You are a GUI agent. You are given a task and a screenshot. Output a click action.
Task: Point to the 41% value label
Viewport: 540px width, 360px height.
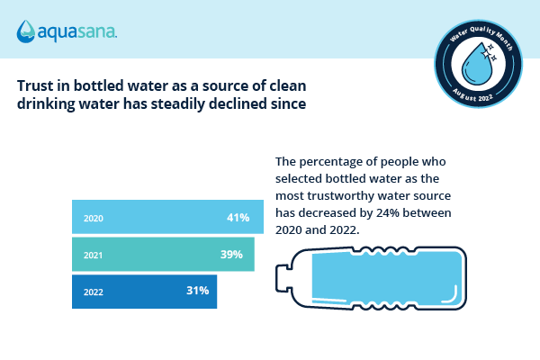(x=238, y=218)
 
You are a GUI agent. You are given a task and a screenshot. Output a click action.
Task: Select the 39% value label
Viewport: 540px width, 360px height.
(x=231, y=254)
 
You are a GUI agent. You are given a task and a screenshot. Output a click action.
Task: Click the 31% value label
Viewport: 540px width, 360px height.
(x=198, y=291)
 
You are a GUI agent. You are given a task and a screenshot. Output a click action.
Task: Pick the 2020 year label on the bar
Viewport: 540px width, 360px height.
(x=93, y=219)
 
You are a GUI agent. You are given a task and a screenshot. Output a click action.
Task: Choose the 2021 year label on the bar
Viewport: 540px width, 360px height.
(x=93, y=256)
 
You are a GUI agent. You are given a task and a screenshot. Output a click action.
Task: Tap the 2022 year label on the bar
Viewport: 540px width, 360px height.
(x=93, y=292)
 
